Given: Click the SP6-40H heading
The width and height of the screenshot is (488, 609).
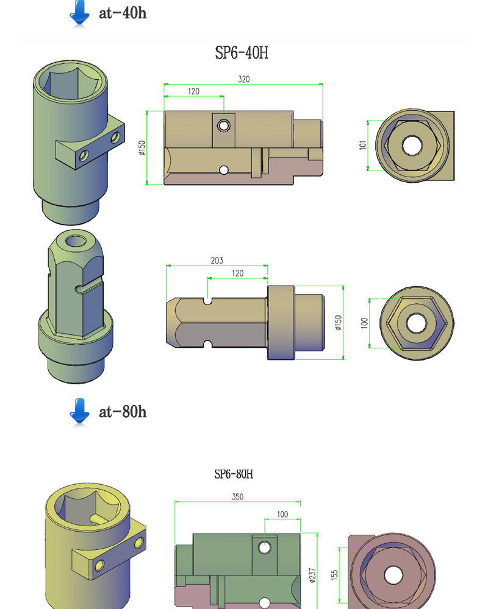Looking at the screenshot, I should pos(242,53).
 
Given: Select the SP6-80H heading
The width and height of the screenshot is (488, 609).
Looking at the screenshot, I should pos(233,474).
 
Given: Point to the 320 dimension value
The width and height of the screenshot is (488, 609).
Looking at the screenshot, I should pos(244,79).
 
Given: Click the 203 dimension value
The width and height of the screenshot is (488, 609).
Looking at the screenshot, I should pos(217,260).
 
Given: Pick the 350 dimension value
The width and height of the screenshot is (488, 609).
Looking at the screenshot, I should pos(237,496).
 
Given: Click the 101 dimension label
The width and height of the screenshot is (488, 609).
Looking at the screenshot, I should pos(362,146).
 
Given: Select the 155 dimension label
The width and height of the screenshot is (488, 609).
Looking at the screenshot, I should pos(334,574).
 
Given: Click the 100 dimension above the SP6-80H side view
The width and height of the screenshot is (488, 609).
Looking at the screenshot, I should pos(282,515).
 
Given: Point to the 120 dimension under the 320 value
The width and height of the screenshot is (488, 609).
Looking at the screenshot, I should pos(193,91).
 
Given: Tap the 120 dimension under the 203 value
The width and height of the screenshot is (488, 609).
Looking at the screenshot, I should pos(237,273).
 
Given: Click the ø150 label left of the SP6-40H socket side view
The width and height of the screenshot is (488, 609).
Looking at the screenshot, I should pos(142,147).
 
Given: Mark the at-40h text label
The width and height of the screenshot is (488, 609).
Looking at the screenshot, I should pos(123,13).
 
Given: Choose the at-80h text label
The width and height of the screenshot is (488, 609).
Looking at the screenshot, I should pos(123,412).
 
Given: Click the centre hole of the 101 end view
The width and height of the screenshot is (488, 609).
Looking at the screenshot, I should pos(411,146).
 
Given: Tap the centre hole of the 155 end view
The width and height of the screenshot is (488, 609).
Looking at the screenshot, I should pos(392,576).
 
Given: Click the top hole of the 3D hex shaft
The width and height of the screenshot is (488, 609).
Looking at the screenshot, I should pos(76,241).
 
